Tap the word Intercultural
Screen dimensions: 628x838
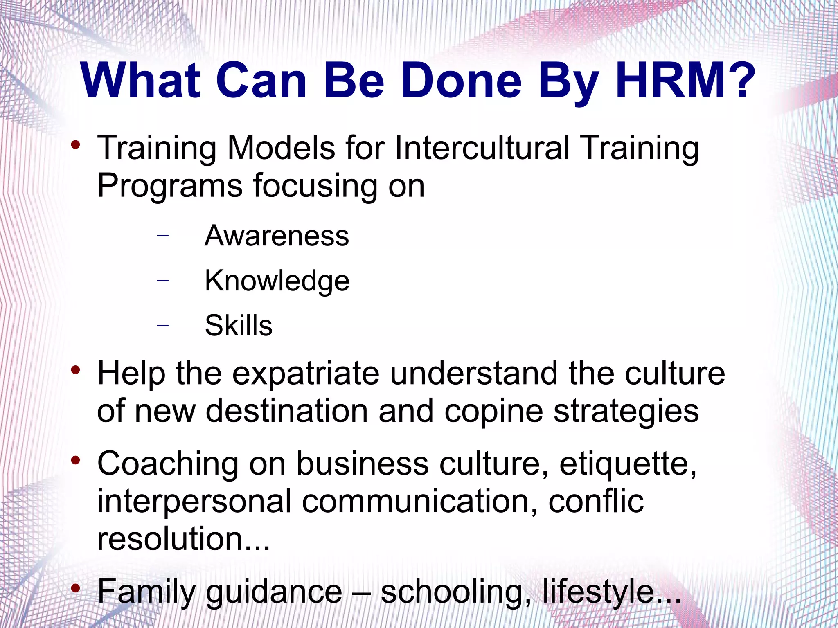482,148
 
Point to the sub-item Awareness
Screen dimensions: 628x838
277,236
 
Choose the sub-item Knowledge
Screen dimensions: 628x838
277,281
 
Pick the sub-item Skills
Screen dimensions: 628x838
239,326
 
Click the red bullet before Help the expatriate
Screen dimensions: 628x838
75,370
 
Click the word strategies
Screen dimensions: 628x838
626,412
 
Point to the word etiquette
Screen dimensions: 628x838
627,464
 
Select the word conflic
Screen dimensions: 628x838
596,502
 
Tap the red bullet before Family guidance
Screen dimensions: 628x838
75,588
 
